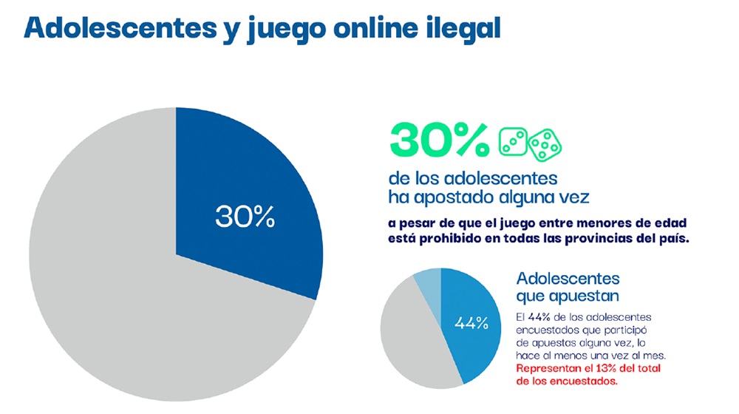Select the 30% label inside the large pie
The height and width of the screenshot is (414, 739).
pos(245,217)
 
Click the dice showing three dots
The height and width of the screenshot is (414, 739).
pos(511,140)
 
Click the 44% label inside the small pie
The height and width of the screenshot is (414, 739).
pos(471,323)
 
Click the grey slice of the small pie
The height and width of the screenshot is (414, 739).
pos(406,333)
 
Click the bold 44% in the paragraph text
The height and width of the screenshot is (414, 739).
pos(541,317)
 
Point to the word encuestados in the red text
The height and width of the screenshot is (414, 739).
pos(580,381)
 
